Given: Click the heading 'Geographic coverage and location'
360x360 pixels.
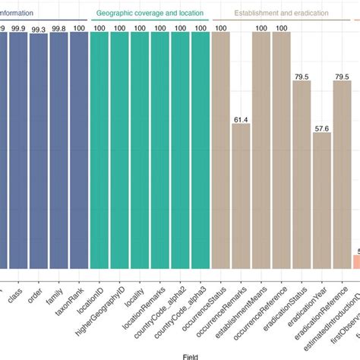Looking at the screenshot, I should (x=150, y=14).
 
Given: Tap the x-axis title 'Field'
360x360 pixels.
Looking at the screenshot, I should (x=180, y=355).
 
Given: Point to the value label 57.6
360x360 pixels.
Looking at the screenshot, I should (x=322, y=128).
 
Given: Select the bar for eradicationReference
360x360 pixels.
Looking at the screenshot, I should (x=343, y=175).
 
